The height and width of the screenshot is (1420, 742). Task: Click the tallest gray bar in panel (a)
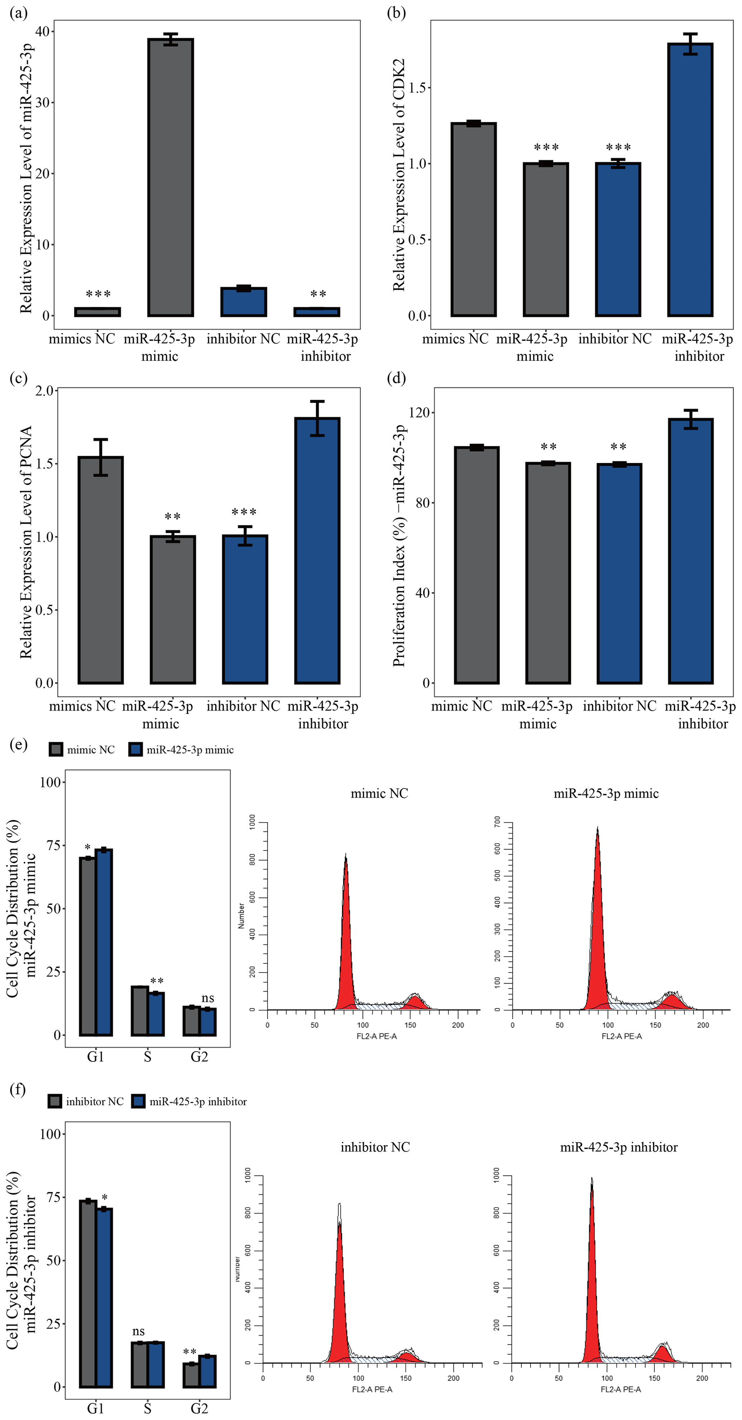[171, 177]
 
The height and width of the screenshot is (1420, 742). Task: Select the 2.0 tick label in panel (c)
[44, 391]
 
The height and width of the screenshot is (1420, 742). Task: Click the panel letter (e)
[18, 745]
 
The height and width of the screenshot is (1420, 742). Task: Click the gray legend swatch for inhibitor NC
[55, 1101]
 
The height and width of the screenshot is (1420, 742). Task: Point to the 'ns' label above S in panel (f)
[138, 1331]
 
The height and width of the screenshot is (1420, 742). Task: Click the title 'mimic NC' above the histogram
[379, 793]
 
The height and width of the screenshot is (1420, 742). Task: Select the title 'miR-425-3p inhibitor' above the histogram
[619, 1147]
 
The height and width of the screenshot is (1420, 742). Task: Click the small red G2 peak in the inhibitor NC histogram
[406, 1356]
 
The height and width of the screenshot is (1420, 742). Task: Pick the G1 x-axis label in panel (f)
[95, 1409]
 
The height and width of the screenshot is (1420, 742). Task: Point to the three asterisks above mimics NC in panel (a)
[98, 294]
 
